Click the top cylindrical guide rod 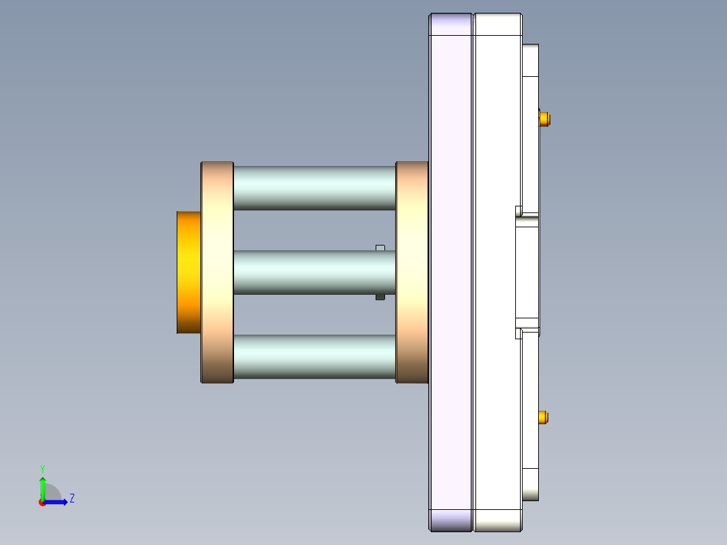(x=314, y=188)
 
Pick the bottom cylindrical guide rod (x=314, y=356)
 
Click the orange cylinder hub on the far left (x=188, y=272)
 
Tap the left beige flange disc (x=217, y=272)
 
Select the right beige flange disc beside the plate (x=411, y=272)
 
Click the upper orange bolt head (x=546, y=119)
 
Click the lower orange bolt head (x=545, y=418)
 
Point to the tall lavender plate (x=450, y=272)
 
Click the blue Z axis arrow (x=57, y=502)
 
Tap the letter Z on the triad (x=71, y=499)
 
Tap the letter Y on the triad (x=42, y=468)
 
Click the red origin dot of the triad (x=42, y=503)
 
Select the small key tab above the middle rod (x=380, y=248)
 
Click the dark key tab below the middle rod (x=380, y=297)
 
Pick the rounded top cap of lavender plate (x=450, y=24)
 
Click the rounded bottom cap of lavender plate (x=450, y=520)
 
